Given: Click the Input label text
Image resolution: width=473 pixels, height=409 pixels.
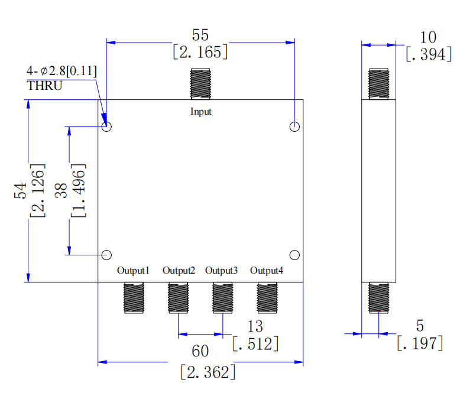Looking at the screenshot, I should tap(200, 111).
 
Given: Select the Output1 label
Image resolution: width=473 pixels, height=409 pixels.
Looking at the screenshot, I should tap(133, 271).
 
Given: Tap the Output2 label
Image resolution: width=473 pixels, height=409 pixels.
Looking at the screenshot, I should tap(179, 271).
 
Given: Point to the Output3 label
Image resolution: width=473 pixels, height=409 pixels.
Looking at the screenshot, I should tap(222, 271).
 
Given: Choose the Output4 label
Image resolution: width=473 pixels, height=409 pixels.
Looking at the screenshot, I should tap(266, 271).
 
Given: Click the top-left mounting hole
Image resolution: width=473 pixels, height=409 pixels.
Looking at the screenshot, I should tap(107, 126).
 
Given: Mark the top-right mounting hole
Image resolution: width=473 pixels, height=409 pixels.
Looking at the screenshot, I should tap(295, 126).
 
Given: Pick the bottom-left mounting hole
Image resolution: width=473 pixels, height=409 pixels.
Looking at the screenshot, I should tap(107, 255).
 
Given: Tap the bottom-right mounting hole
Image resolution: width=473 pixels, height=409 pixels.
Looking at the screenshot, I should tap(295, 255).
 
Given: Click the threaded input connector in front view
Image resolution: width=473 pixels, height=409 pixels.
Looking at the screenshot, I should tap(200, 84).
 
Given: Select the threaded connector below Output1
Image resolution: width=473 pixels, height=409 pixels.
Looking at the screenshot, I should tap(133, 297).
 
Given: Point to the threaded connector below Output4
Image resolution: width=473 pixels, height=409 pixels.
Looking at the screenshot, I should tap(267, 297).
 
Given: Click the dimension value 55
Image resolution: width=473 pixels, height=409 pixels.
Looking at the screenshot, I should tap(200, 35).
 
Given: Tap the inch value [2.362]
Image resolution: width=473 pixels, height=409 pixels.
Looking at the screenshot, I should tap(208, 372).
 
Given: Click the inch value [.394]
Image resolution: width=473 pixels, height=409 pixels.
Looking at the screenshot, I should tap(429, 54).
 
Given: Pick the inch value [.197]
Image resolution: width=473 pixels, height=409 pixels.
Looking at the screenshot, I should tap(419, 343).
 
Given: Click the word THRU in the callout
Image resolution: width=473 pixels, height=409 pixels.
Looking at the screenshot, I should tap(44, 85).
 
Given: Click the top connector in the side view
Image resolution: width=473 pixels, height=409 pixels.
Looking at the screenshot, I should tap(378, 84).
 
